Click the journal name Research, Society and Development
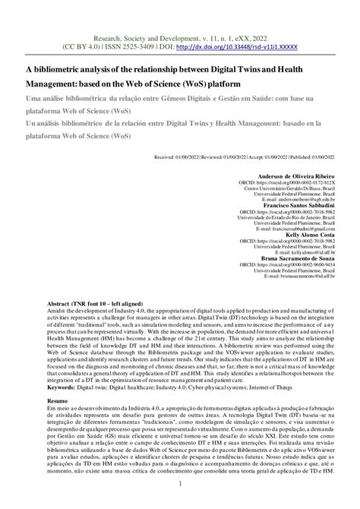tap(142, 34)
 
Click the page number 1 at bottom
tap(180, 484)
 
